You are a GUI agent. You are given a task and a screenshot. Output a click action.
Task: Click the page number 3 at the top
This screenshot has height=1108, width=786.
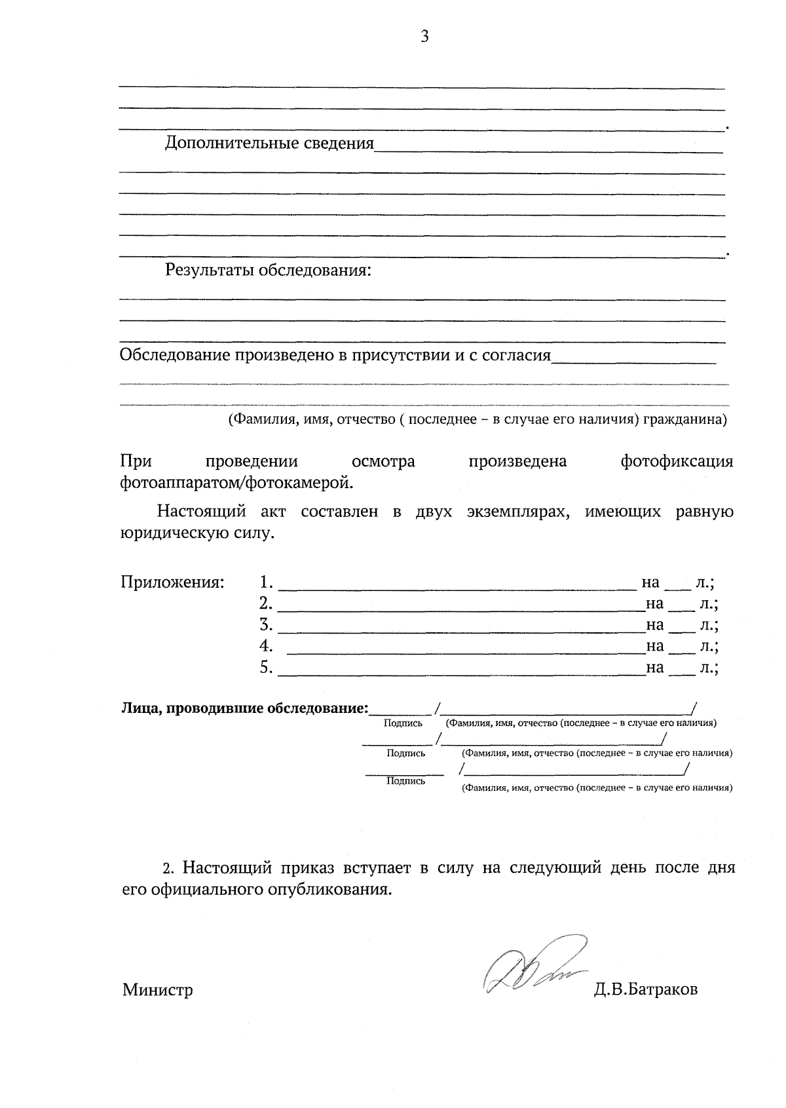(x=424, y=37)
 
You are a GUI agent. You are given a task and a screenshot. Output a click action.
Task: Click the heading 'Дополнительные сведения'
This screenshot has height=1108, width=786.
(x=269, y=143)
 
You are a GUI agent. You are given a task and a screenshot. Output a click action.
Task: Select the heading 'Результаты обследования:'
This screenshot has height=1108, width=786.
(x=268, y=271)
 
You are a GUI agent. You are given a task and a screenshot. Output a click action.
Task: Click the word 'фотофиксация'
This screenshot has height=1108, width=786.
(x=677, y=462)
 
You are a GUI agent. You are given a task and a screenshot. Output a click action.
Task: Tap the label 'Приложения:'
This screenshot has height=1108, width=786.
(x=172, y=582)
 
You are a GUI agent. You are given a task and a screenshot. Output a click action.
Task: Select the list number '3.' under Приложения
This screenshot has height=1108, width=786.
(x=266, y=624)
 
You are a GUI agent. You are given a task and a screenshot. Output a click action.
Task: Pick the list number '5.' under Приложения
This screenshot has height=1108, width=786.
(x=266, y=668)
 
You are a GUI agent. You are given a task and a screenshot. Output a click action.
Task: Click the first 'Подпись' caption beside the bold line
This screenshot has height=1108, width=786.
(x=403, y=723)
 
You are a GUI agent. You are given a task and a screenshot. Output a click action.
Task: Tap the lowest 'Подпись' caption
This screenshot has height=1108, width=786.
(x=405, y=781)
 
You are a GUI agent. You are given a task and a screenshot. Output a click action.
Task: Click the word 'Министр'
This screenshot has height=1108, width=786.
(x=157, y=989)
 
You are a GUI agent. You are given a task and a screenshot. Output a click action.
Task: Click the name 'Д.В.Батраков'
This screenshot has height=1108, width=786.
(x=646, y=989)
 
